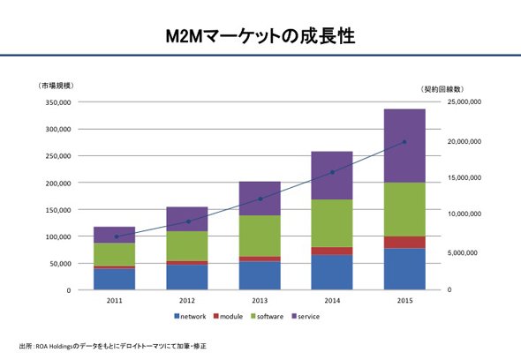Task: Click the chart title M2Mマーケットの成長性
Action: tap(260, 36)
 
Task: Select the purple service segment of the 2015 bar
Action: tap(404, 146)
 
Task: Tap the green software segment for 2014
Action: tap(332, 223)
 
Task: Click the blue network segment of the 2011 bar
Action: tap(114, 279)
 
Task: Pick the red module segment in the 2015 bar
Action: tap(404, 243)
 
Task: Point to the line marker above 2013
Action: tap(260, 199)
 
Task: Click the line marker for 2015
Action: tap(404, 142)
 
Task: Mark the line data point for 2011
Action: tap(117, 236)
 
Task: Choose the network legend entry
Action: tap(190, 317)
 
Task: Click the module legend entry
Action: tap(229, 317)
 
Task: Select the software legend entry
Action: tap(268, 317)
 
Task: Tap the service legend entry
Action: tap(306, 317)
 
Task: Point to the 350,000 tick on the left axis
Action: tap(58, 102)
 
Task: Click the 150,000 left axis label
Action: tap(58, 210)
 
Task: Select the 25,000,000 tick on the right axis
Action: tap(464, 101)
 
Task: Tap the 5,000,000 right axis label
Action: tap(462, 252)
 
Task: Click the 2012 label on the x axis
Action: tap(186, 301)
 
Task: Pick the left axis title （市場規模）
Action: tap(56, 86)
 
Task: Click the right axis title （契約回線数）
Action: tap(442, 89)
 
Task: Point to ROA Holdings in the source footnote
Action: tap(54, 347)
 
